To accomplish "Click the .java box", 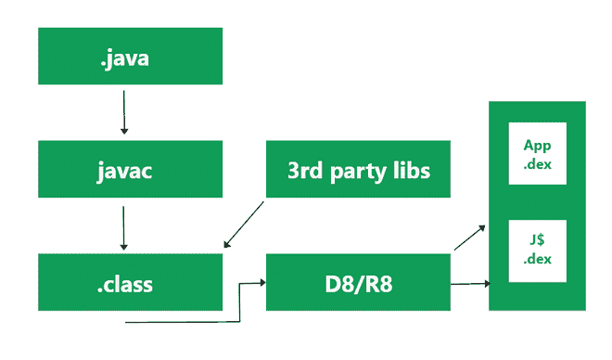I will (130, 56).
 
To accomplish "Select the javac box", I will (130, 169).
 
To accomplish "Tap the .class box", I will (130, 281).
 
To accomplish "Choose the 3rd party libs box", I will (359, 169).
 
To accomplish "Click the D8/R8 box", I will (359, 281).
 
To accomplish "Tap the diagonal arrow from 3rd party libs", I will (245, 225).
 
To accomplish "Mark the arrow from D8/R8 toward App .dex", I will (469, 238).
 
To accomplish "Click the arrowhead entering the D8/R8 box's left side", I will (261, 283).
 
